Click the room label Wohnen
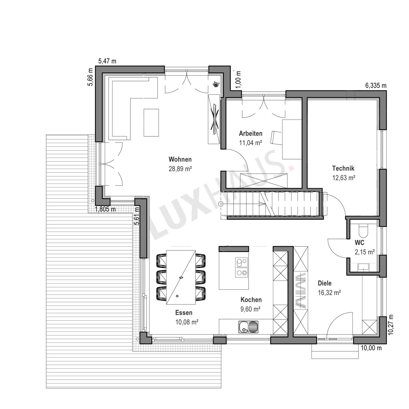[180, 159]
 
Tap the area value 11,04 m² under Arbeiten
[251, 143]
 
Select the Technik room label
[343, 168]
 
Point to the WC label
[359, 243]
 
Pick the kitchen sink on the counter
[248, 327]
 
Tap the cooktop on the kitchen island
[241, 267]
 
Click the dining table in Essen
[181, 277]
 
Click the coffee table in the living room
[151, 122]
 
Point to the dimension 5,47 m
[107, 61]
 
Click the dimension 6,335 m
[376, 86]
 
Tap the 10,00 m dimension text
[371, 348]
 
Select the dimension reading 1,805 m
[105, 209]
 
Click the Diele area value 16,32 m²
[329, 293]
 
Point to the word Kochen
[251, 300]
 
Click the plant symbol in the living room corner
[216, 84]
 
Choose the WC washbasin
[364, 267]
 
